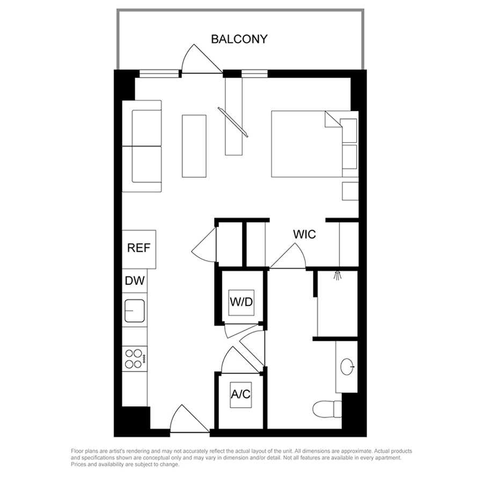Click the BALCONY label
click(x=239, y=39)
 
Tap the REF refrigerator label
click(x=138, y=247)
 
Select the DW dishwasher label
click(x=135, y=281)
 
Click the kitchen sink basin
click(x=135, y=311)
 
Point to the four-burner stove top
click(x=135, y=359)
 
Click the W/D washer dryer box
click(x=241, y=303)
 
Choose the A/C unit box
click(x=241, y=395)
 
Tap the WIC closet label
click(x=304, y=235)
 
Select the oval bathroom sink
click(x=347, y=367)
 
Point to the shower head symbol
click(x=338, y=275)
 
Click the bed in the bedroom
click(x=314, y=144)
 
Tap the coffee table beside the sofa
click(x=194, y=146)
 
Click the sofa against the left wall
click(x=142, y=146)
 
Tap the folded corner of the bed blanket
click(x=333, y=119)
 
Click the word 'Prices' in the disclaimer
click(x=79, y=464)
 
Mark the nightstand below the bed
click(x=350, y=191)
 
